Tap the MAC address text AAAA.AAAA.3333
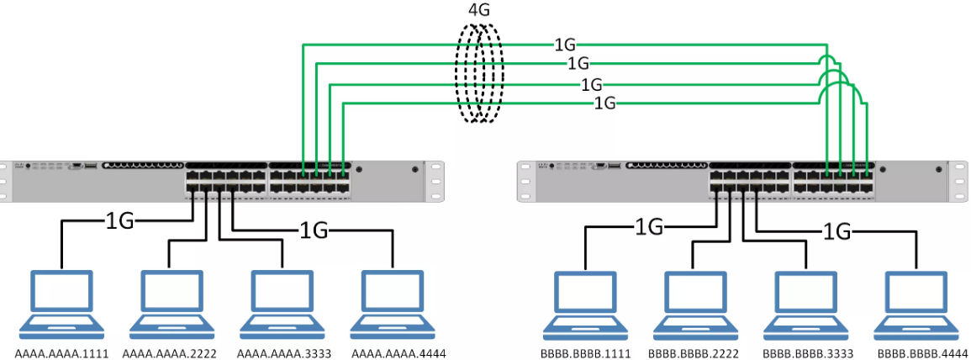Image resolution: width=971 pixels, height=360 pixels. [282, 352]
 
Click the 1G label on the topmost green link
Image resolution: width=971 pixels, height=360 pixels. [565, 44]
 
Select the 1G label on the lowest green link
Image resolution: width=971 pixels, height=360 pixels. [605, 103]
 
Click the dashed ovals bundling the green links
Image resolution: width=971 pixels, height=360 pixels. [479, 74]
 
